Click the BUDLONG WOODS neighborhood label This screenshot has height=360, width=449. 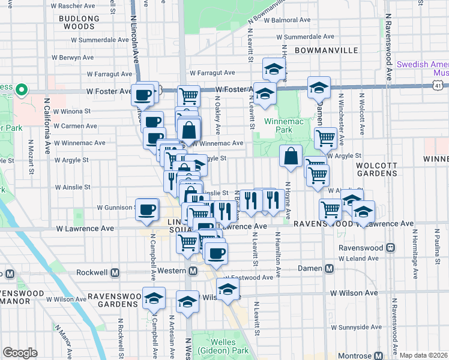79,23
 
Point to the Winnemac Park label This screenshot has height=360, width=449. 279,125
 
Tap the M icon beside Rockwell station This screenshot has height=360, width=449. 115,272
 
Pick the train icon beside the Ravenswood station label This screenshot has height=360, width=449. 391,247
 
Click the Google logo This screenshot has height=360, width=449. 20,353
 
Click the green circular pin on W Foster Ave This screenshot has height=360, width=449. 22,91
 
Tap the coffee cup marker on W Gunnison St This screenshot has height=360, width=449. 147,209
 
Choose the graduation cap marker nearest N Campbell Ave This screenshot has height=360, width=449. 154,298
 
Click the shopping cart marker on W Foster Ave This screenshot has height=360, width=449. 189,95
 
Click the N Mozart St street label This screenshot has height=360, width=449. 31,159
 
